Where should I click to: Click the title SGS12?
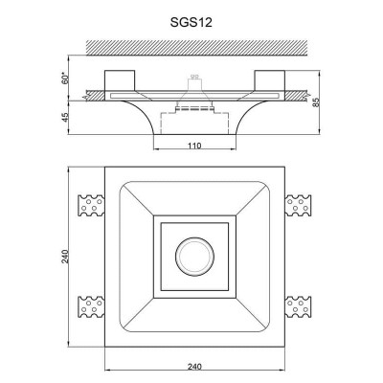191,22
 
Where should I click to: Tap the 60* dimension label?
65,79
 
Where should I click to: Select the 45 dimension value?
65,117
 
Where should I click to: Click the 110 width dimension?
194,146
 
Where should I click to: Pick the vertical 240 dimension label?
65,257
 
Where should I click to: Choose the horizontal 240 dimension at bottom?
194,367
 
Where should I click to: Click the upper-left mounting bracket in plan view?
91,205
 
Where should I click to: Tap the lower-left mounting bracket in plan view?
91,306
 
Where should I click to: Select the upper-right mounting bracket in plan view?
298,205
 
